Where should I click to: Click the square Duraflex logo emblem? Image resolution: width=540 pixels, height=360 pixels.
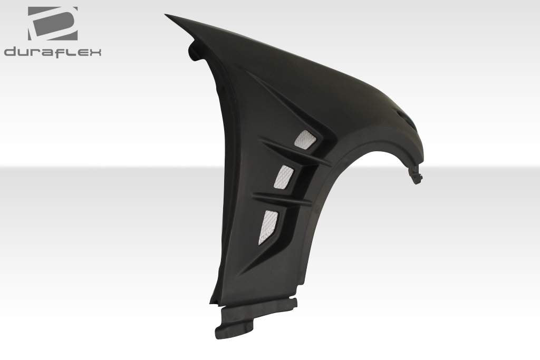coord(53,24)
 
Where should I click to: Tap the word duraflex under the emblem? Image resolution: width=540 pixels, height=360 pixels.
coord(53,52)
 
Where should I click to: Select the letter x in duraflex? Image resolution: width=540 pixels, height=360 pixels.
coord(95,52)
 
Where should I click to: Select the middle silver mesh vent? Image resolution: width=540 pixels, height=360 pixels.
coord(282,176)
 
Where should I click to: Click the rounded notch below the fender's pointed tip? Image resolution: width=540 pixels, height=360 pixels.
coord(192,52)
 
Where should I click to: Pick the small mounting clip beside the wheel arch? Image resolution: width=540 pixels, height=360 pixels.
coord(416,174)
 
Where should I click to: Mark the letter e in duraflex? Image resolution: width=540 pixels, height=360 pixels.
coord(82,52)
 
